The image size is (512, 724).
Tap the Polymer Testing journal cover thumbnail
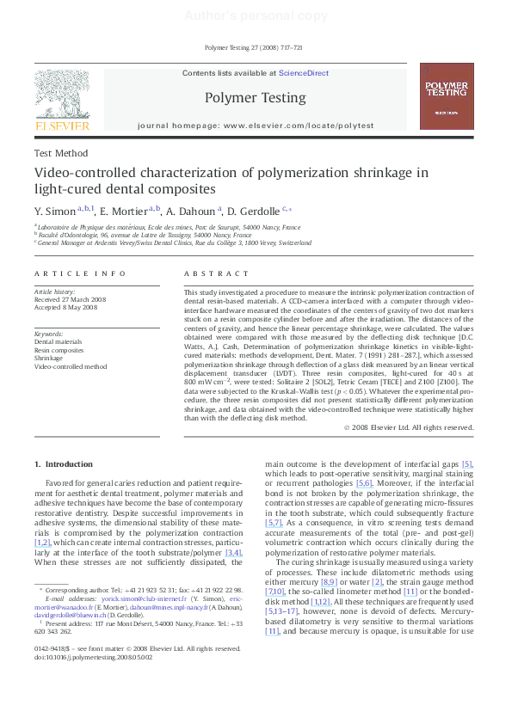coord(446,96)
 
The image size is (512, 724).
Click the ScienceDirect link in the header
coord(301,74)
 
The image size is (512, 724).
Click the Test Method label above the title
coord(61,153)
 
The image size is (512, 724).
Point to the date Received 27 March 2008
coord(71,299)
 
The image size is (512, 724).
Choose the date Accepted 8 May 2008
coord(66,307)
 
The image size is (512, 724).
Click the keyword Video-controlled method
coord(71,366)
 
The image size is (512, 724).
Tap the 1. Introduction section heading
coord(63,464)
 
